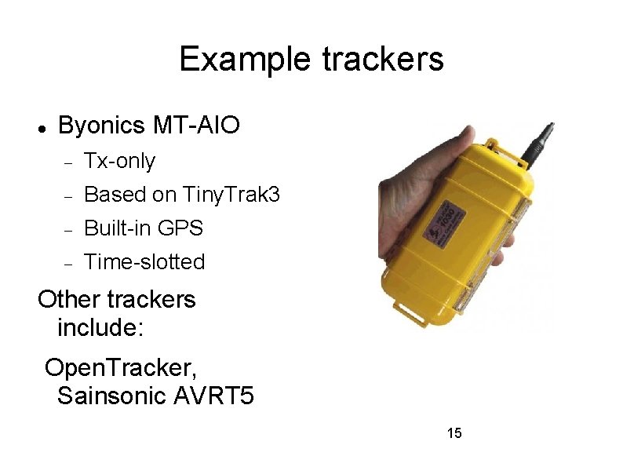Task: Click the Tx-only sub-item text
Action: tap(119, 162)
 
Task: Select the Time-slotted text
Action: tap(144, 262)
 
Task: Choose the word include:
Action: tap(100, 327)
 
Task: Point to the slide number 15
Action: tap(454, 432)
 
